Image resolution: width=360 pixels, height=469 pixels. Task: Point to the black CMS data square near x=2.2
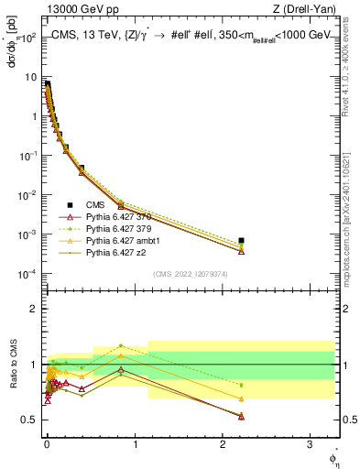pos(241,240)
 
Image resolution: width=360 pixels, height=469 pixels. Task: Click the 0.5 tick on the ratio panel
pos(29,420)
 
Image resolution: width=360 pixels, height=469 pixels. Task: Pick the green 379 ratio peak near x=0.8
pos(120,346)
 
